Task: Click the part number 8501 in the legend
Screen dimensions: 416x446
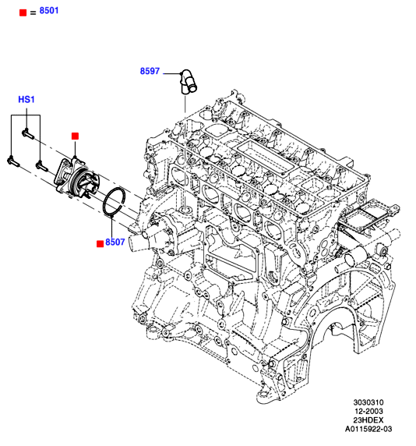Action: coord(49,10)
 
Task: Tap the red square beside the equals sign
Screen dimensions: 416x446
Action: coord(23,12)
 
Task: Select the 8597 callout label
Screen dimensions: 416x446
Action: coord(150,71)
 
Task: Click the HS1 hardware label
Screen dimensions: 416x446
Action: coord(26,100)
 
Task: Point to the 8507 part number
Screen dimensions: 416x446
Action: coord(115,242)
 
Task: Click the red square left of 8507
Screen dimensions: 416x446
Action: coord(100,244)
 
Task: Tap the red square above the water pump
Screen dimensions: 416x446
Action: coord(75,136)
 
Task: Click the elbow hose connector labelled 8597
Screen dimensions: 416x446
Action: coord(189,81)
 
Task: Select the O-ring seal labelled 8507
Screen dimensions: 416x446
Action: coord(115,202)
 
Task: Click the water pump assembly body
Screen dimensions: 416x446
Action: coord(77,178)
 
